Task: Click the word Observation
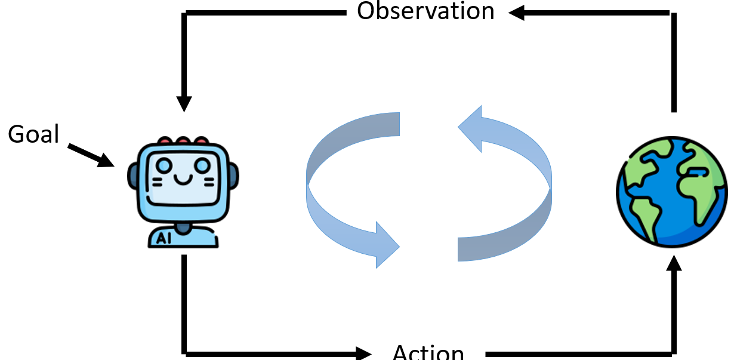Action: pos(425,11)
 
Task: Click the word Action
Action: pos(428,352)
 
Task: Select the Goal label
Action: pos(33,134)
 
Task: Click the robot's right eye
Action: pos(203,165)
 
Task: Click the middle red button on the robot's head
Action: pos(183,141)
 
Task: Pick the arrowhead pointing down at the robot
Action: pos(184,103)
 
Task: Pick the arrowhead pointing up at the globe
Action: pos(674,263)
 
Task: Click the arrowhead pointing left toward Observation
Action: pos(516,13)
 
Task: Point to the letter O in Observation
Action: pos(366,11)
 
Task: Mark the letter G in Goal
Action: pos(16,135)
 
